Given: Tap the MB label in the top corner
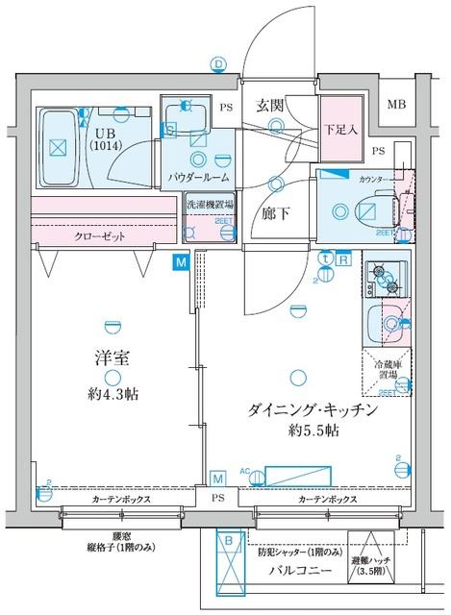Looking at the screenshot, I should pos(395,104).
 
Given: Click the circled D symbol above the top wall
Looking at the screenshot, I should pos(219,63).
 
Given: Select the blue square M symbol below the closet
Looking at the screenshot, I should pos(181,260).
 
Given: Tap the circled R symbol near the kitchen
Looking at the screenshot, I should pos(343,258).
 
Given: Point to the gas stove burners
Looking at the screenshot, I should pos(388,278).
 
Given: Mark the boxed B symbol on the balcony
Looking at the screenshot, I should pos(228,542).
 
